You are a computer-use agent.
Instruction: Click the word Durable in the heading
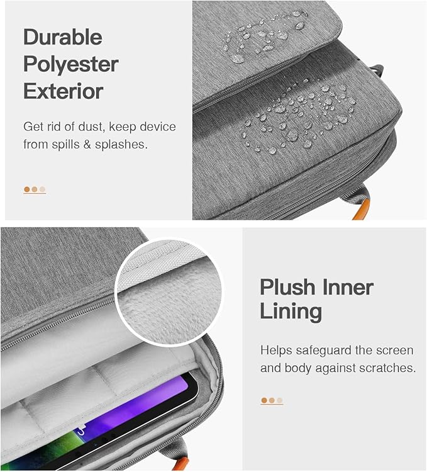tap(63, 37)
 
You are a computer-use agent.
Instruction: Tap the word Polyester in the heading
tap(71, 65)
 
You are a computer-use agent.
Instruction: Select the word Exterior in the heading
tap(64, 91)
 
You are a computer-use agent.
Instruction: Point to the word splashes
tap(121, 145)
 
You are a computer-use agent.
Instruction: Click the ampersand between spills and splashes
tap(87, 145)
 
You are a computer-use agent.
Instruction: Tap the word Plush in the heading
tap(287, 288)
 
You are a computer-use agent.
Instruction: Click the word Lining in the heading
tap(291, 312)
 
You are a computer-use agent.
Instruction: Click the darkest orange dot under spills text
tap(27, 189)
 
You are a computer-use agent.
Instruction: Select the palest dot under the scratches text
tap(280, 400)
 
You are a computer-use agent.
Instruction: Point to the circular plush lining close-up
tap(169, 291)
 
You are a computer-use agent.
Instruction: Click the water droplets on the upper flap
tap(265, 36)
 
